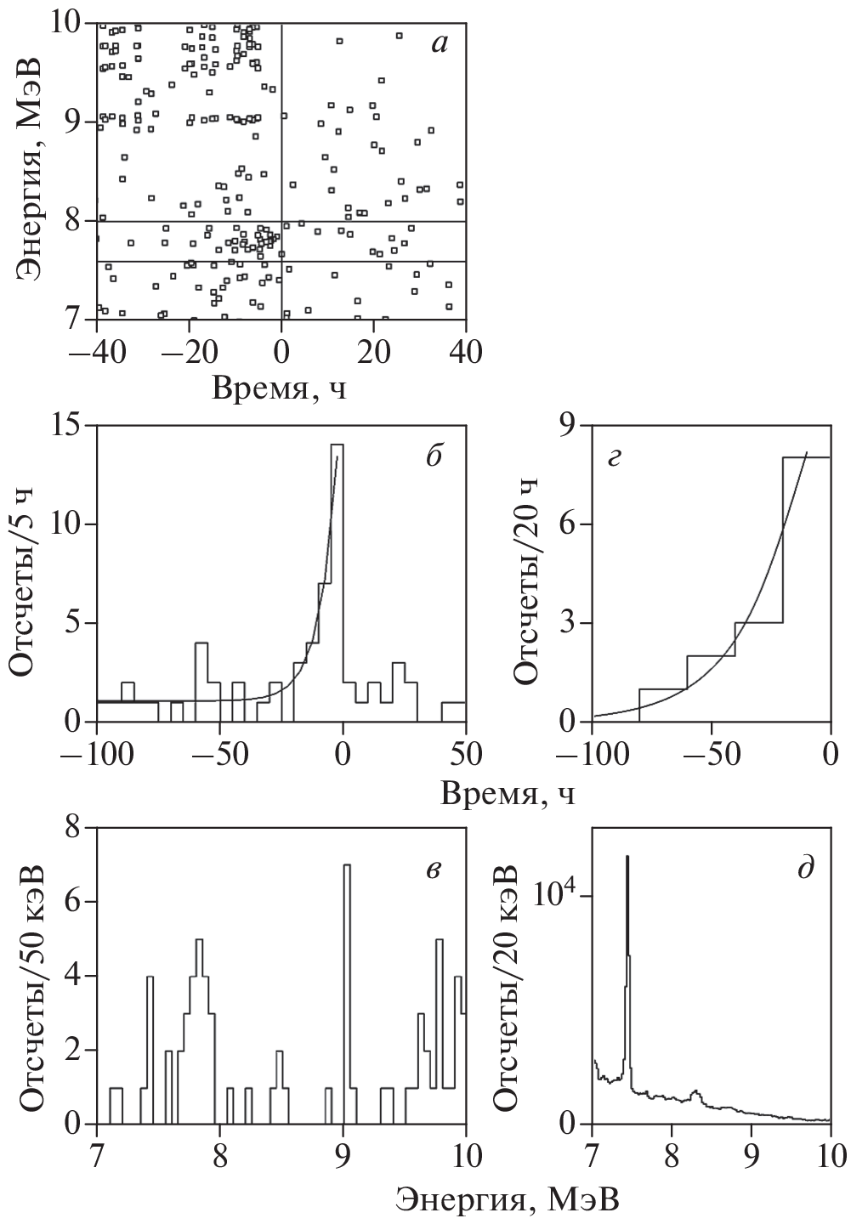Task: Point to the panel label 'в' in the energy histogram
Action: (433, 868)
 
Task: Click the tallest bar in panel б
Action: (338, 578)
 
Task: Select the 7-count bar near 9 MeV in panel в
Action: (346, 994)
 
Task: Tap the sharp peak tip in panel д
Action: (627, 858)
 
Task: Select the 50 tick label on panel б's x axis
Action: (466, 755)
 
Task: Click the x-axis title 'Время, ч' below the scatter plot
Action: (281, 388)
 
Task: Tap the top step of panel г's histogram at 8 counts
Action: (806, 458)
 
